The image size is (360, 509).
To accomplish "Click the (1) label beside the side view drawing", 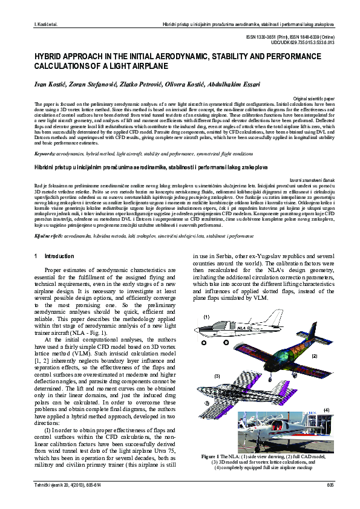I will [x=206, y=317].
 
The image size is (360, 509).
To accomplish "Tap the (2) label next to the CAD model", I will [x=314, y=356].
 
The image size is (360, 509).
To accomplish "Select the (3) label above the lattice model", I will [x=216, y=375].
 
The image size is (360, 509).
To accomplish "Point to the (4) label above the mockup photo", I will [x=326, y=410].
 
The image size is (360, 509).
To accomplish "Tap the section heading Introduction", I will [x=59, y=256].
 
